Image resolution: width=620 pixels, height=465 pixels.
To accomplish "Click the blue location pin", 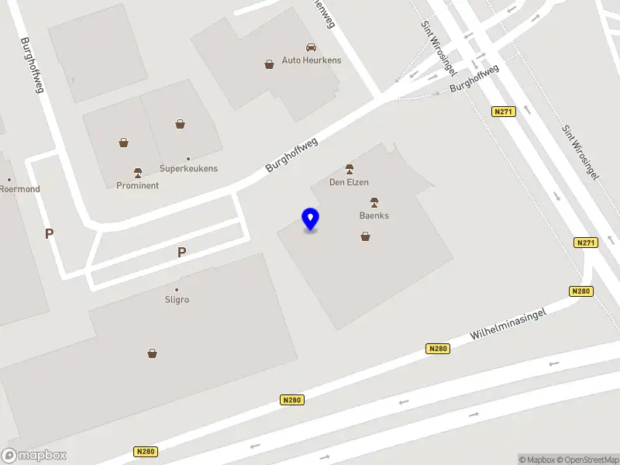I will click(311, 219).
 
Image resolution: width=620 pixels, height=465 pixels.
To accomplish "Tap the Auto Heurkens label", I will click(311, 60).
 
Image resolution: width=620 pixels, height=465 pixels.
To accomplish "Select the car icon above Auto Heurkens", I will click(311, 47).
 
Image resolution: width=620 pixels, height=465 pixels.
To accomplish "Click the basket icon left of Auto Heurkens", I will click(269, 64).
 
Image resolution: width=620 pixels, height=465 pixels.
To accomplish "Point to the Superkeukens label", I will click(188, 168).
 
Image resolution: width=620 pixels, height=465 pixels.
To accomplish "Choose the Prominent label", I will click(137, 185).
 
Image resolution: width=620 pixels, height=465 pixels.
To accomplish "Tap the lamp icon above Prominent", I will click(138, 172).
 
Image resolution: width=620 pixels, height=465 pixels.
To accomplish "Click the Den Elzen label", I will click(349, 183).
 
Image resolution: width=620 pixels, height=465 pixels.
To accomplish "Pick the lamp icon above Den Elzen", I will click(350, 169).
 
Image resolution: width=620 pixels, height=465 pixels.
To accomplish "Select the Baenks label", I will click(374, 215).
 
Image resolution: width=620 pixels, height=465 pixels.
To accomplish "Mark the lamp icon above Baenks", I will click(374, 202).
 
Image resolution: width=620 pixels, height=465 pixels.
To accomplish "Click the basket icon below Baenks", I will click(365, 236).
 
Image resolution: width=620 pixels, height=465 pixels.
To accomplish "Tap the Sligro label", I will click(177, 299).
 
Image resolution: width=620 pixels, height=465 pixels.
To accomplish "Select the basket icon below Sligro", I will click(153, 353).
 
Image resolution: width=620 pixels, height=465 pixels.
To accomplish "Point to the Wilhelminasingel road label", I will click(508, 324).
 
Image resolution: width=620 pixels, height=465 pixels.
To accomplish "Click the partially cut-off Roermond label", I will click(19, 189).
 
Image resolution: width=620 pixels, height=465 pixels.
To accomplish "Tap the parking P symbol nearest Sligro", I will click(182, 252).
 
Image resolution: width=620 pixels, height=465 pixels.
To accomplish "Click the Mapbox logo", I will click(33, 456).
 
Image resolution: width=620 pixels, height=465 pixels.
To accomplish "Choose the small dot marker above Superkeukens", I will click(188, 158).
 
